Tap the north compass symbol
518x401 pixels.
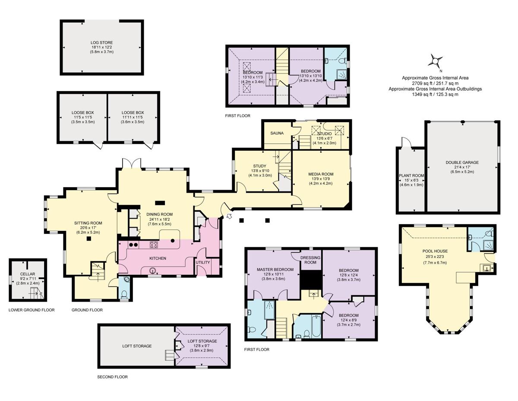435,61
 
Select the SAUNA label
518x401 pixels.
277,133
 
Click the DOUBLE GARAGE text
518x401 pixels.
462,162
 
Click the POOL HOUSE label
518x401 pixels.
434,251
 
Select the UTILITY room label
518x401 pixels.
202,262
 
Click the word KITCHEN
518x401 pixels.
158,258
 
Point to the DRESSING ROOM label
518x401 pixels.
311,260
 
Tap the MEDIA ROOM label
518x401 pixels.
321,174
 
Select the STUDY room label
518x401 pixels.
259,165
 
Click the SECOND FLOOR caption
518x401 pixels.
113,377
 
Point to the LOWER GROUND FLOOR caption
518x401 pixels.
32,310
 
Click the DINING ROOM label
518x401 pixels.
159,214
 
